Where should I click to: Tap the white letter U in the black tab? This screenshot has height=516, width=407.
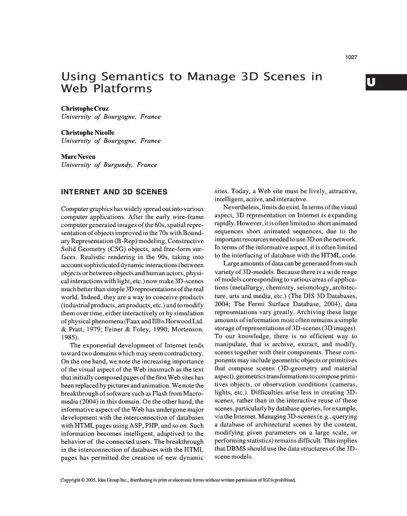371,82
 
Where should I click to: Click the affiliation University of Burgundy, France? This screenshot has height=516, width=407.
108,165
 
